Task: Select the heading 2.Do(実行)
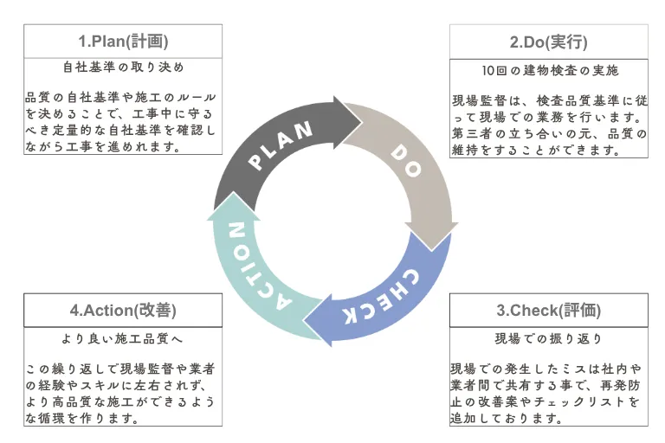(549, 41)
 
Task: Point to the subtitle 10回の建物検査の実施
(549, 69)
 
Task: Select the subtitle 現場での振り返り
(549, 337)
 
